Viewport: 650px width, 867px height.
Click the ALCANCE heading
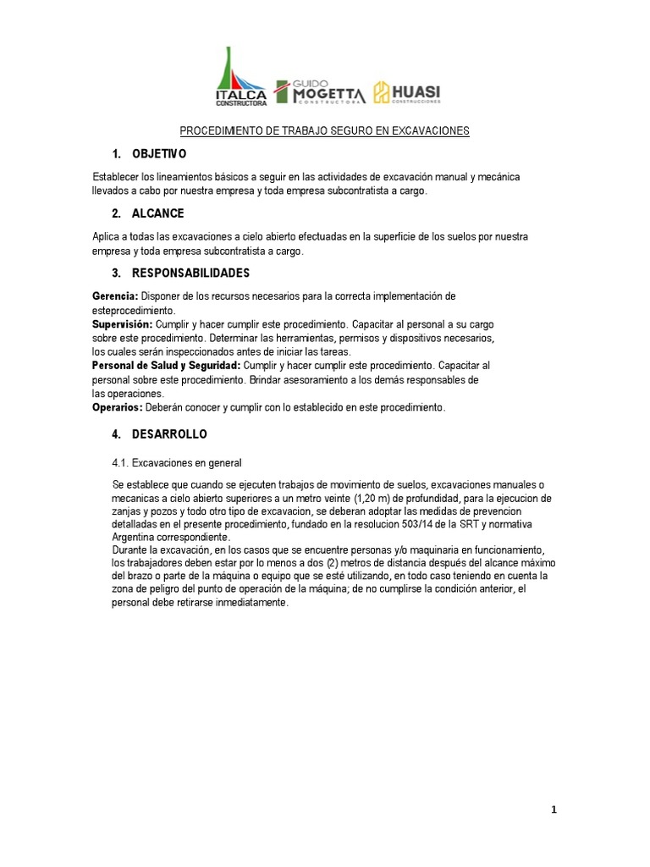coord(157,213)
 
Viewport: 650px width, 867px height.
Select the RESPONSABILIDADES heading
coord(190,273)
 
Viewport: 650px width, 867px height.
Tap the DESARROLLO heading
coord(169,434)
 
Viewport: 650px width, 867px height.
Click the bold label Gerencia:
coord(115,296)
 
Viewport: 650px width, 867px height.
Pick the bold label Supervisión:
coord(123,324)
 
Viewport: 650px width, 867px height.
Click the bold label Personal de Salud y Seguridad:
coord(166,366)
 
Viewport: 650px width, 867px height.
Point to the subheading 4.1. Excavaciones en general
coord(177,463)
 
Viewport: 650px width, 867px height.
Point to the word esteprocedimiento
coord(133,310)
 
